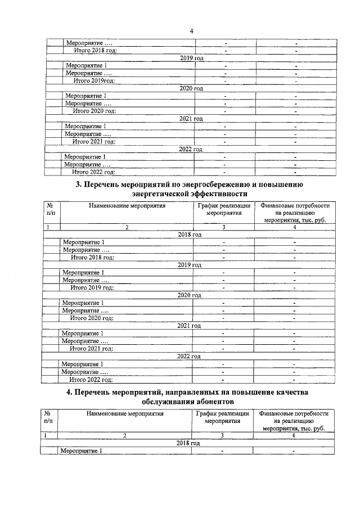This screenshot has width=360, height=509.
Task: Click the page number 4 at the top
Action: (191, 31)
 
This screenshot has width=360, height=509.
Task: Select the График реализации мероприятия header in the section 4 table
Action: (222, 417)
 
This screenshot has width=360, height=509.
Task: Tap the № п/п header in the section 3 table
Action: (51, 209)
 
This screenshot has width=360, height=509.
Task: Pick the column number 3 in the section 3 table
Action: (223, 227)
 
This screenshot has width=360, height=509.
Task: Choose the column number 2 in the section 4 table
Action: (125, 435)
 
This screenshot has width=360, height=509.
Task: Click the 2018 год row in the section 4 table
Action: (188, 443)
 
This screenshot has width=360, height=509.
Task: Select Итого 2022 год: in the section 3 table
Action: (91, 380)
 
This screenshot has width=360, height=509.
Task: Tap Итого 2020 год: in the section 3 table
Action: (92, 318)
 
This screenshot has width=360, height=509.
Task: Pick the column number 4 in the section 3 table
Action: (294, 227)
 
